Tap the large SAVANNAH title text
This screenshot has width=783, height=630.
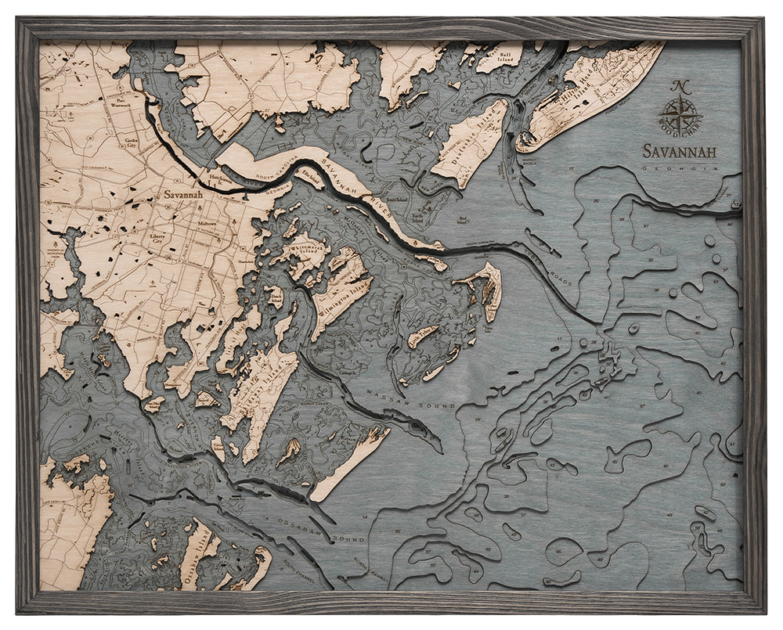point(680,151)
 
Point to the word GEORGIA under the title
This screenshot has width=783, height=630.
point(680,167)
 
